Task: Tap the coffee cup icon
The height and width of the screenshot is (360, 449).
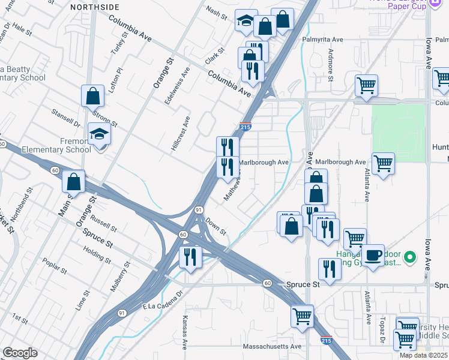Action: pyautogui.click(x=373, y=254)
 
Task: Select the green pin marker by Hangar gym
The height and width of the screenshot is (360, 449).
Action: pyautogui.click(x=410, y=258)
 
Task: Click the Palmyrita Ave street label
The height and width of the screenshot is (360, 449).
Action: pyautogui.click(x=322, y=40)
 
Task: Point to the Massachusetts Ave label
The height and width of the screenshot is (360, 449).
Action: pyautogui.click(x=271, y=347)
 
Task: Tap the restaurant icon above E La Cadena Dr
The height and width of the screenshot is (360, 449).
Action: pyautogui.click(x=190, y=257)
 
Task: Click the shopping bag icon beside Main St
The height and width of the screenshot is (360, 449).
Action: pyautogui.click(x=73, y=181)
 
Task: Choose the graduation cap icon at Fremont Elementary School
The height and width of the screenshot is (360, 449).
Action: pyautogui.click(x=98, y=134)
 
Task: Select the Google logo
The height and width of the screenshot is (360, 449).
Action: pyautogui.click(x=20, y=353)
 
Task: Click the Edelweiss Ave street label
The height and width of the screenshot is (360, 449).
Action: pyautogui.click(x=178, y=86)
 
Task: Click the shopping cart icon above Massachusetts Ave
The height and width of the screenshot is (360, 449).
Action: pyautogui.click(x=301, y=315)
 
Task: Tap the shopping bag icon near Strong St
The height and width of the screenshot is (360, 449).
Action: pyautogui.click(x=92, y=95)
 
